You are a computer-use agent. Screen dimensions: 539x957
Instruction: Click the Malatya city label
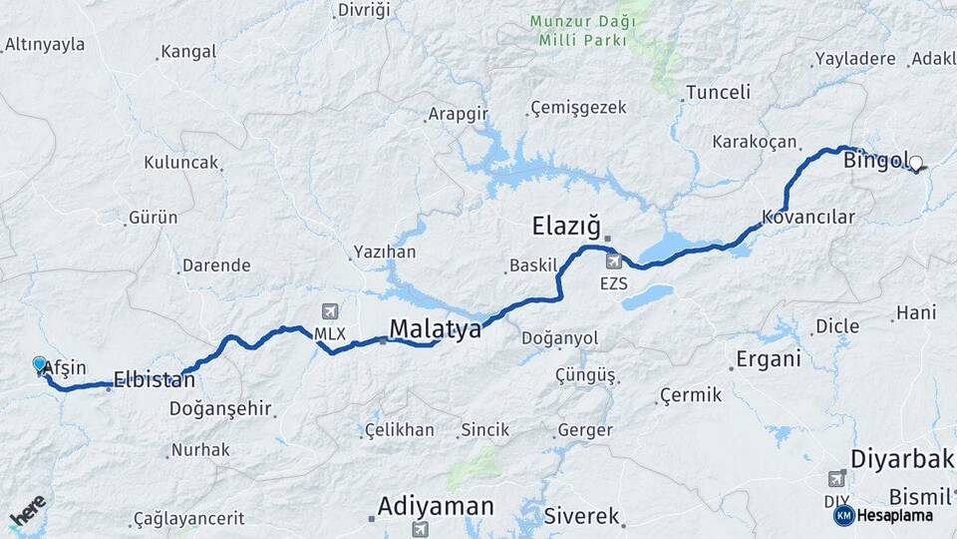tap(435, 328)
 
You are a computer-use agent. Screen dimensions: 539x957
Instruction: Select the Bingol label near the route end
tap(874, 160)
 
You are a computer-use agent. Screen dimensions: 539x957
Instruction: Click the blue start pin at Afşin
tap(40, 365)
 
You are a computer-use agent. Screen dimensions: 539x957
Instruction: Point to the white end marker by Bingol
tap(915, 163)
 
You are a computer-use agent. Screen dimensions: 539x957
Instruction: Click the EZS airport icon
tap(614, 262)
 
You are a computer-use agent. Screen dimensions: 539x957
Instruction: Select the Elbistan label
tap(154, 379)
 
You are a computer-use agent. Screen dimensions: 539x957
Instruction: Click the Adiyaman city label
tap(436, 506)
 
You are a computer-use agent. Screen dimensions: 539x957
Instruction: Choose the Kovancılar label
tap(808, 217)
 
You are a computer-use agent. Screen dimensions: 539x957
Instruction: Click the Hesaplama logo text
tap(894, 515)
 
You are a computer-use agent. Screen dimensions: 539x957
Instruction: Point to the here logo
tap(27, 511)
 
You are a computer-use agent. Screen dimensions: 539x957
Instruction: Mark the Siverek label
tap(582, 517)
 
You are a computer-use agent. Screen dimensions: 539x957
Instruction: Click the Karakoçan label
tap(755, 142)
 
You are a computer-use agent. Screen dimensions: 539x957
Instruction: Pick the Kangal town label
tap(187, 52)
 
